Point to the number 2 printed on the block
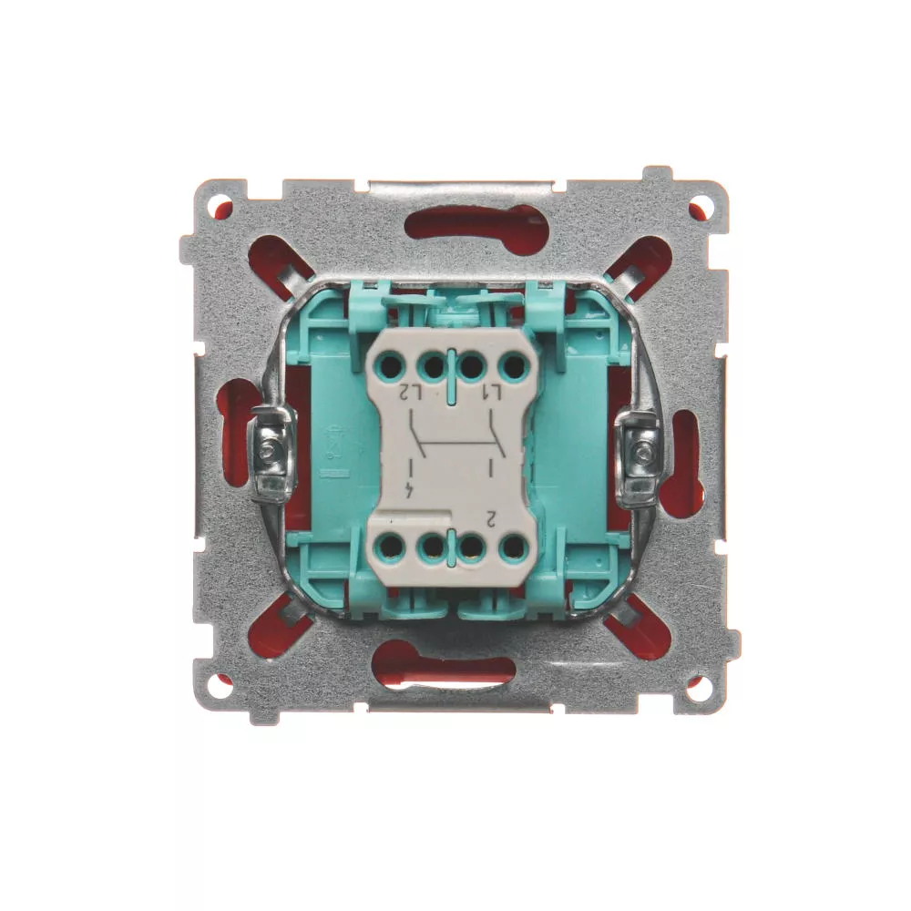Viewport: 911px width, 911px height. pos(492,517)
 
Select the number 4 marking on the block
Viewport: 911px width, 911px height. pos(411,490)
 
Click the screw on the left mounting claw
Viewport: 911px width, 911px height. pos(268,450)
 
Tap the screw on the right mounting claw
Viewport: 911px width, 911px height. pos(641,450)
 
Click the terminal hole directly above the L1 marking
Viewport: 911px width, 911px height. pos(472,366)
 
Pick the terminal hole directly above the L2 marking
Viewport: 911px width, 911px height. pos(432,366)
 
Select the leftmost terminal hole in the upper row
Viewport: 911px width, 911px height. pos(392,366)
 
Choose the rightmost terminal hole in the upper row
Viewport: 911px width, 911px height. pos(512,366)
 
